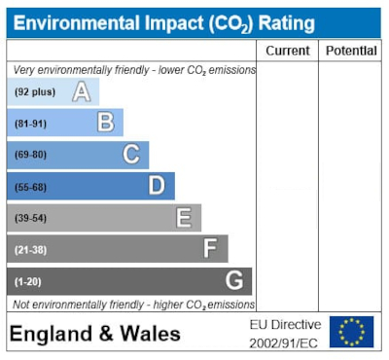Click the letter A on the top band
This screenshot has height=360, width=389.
pyautogui.click(x=82, y=92)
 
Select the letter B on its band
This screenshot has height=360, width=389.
pyautogui.click(x=106, y=124)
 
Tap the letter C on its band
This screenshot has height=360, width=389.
pyautogui.click(x=131, y=155)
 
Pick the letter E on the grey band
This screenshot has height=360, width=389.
pyautogui.click(x=183, y=218)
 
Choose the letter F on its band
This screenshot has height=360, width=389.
pyautogui.click(x=209, y=249)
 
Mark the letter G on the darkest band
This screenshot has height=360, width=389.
pyautogui.click(x=234, y=281)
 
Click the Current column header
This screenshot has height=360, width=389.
pyautogui.click(x=288, y=51)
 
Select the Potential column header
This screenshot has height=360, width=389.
pyautogui.click(x=351, y=51)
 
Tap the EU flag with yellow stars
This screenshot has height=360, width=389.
pyautogui.click(x=351, y=332)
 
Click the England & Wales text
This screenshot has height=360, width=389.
pyautogui.click(x=95, y=334)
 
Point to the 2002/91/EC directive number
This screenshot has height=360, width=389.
pyautogui.click(x=284, y=342)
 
